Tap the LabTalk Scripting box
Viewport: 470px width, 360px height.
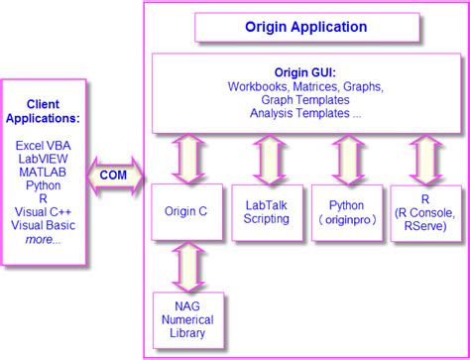click(266, 211)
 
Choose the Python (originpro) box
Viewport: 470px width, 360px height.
click(344, 211)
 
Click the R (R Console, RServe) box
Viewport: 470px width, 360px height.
click(424, 211)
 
